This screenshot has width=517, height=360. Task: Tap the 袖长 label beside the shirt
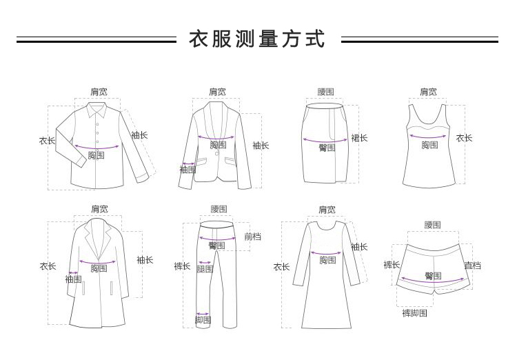coord(140,135)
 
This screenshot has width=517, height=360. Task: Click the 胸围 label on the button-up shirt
coord(97,156)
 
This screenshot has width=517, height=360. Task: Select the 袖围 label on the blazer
coord(187,169)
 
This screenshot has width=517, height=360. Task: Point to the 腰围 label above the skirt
coord(326,92)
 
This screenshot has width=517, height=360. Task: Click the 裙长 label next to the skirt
coord(359,138)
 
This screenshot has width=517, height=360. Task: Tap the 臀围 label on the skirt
coord(327,147)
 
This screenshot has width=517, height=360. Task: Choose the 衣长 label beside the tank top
coord(465,138)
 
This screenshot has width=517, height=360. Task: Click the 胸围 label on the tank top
coord(429,144)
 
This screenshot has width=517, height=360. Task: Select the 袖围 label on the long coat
coord(73,279)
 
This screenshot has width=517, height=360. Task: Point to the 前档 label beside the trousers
coord(253,236)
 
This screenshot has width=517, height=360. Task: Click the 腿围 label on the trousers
coord(205,270)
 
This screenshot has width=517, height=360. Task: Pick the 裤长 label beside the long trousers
coord(182,266)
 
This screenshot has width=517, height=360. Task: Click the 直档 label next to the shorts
coord(472,266)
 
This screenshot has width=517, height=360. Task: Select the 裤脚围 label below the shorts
coord(414,313)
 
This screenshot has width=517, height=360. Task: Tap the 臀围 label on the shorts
coord(433,276)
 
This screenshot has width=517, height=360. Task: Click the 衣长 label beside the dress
coord(281,266)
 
